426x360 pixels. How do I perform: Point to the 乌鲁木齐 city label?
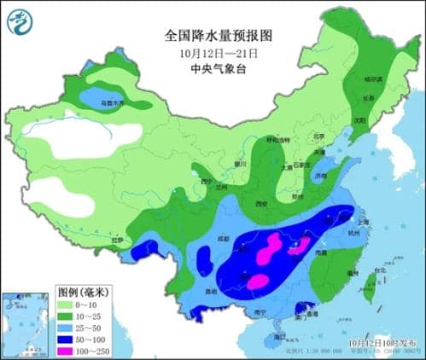coord(113,102)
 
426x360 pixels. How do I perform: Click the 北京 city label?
coord(319,135)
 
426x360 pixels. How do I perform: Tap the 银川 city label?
coord(240,163)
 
